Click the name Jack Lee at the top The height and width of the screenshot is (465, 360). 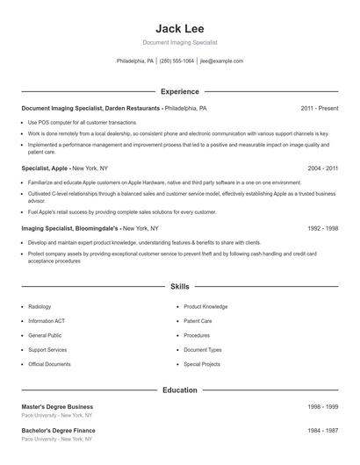[180, 27]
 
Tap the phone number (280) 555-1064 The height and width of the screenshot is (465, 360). [176, 61]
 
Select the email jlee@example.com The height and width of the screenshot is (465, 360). [221, 61]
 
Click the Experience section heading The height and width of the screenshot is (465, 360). [180, 91]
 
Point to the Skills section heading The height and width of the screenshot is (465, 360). [180, 286]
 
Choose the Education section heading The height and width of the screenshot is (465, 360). [180, 390]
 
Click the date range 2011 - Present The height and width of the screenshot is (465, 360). [319, 108]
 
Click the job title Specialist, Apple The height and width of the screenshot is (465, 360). [46, 167]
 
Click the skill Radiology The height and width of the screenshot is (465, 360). [40, 307]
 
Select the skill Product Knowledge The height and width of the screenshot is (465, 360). [205, 307]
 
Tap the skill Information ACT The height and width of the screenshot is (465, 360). [46, 321]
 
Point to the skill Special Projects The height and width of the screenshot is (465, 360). [202, 363]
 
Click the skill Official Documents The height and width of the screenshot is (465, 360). [49, 363]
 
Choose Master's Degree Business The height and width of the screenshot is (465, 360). [57, 407]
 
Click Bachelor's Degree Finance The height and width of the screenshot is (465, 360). [58, 431]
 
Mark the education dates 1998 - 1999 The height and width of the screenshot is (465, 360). [323, 407]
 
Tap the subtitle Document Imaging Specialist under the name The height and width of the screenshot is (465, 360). [180, 42]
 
